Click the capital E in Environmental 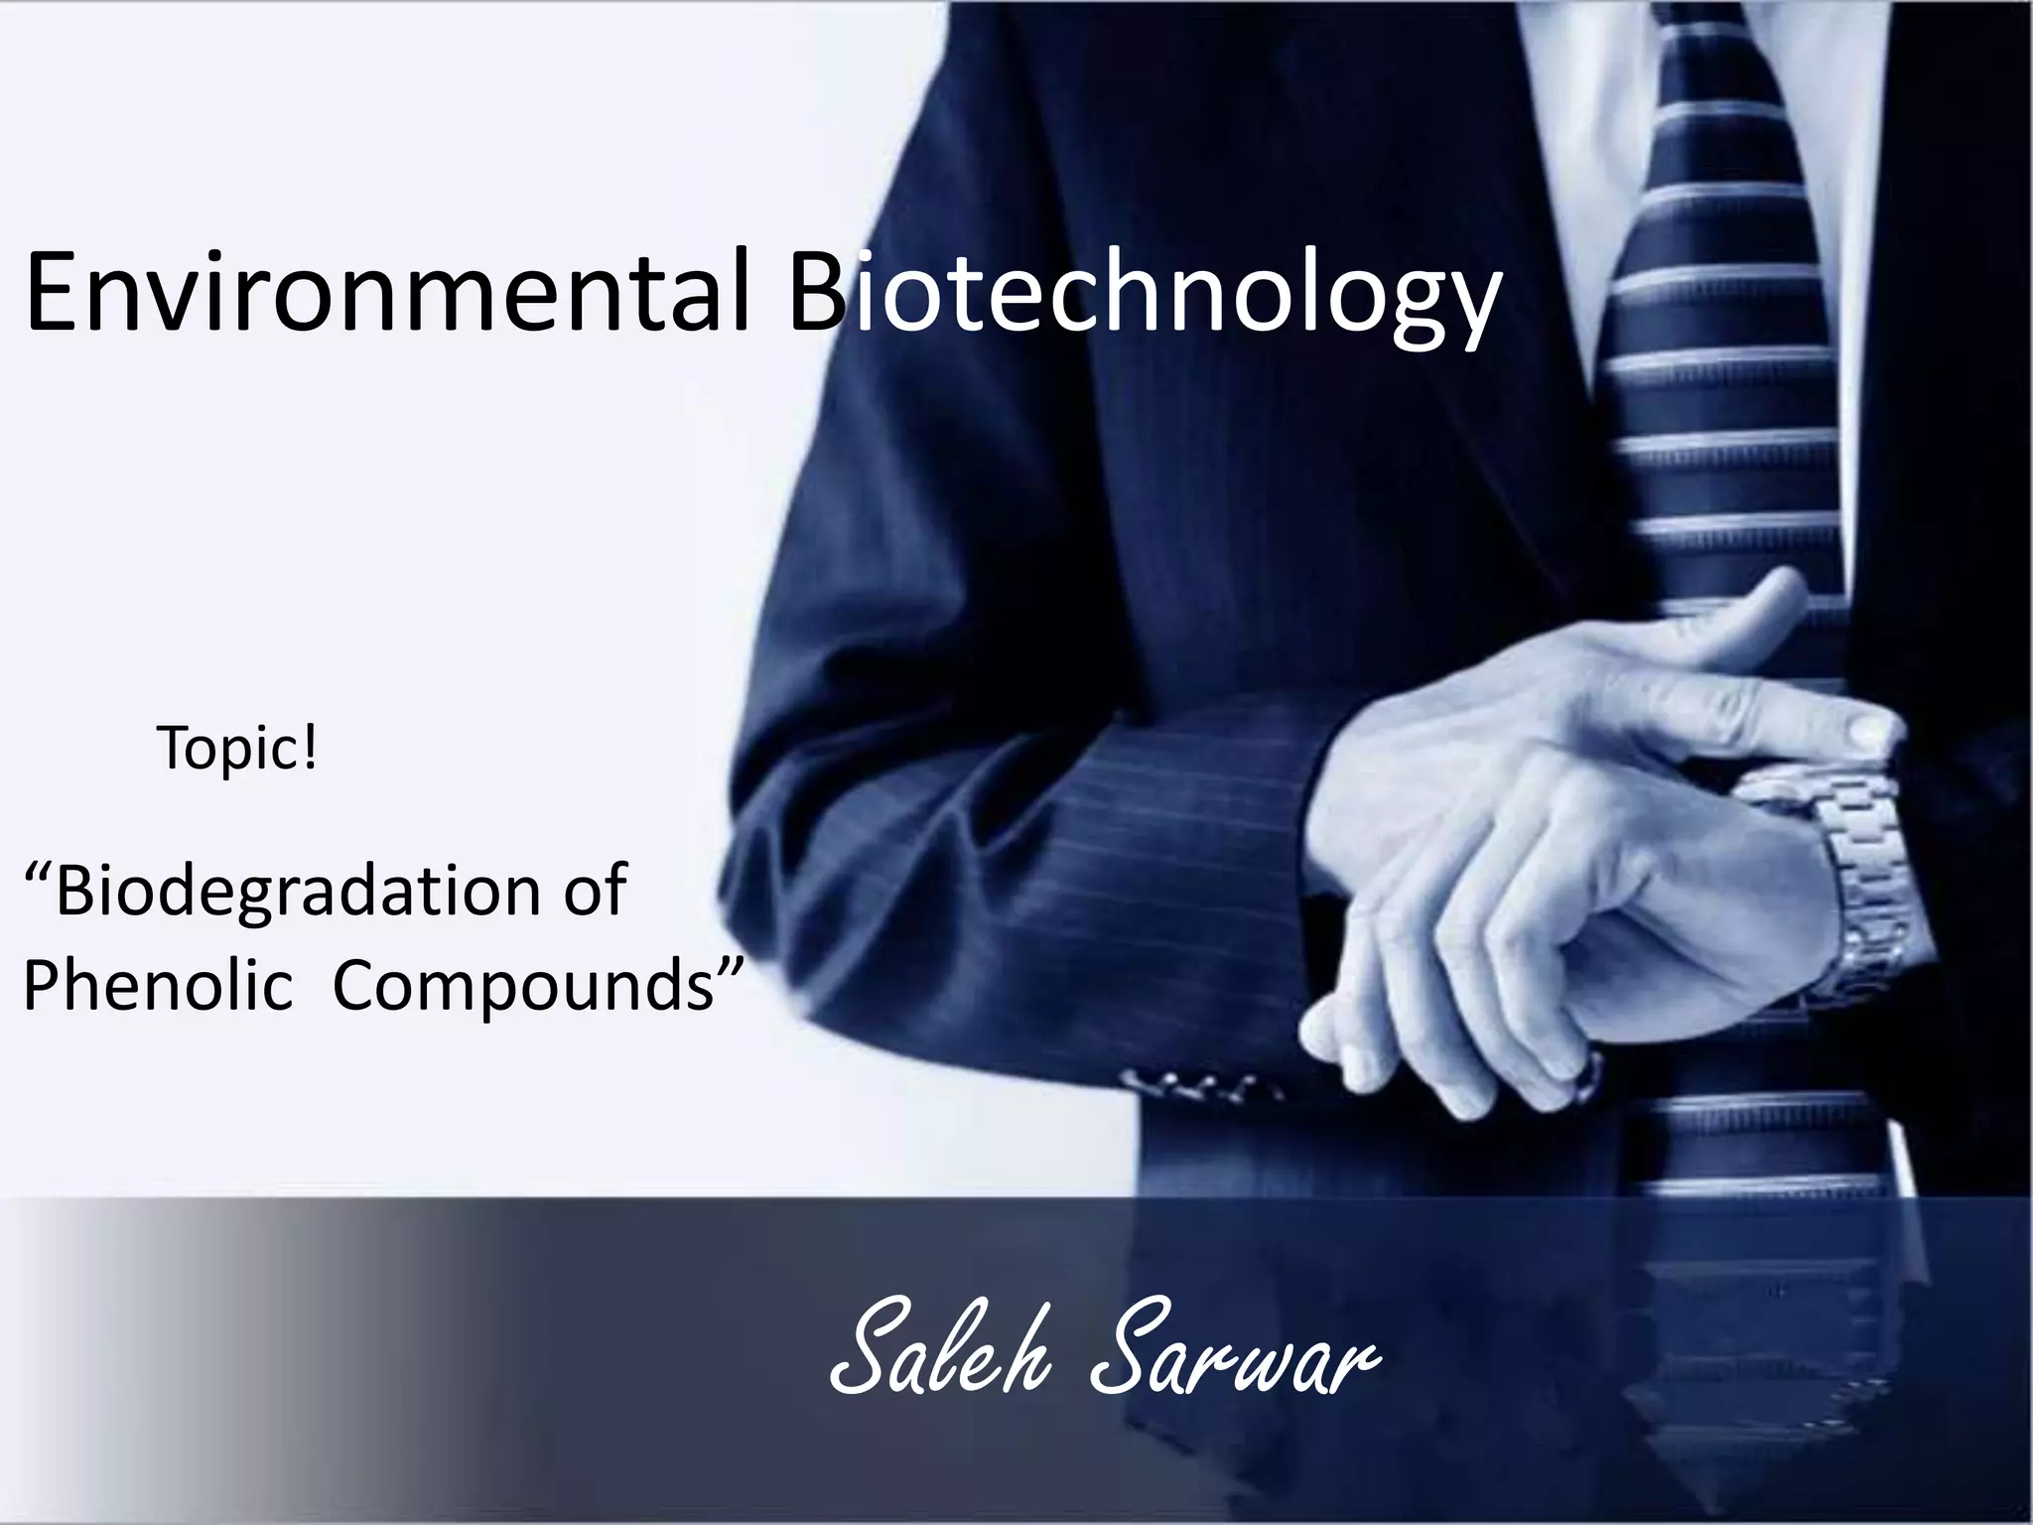tap(56, 293)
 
